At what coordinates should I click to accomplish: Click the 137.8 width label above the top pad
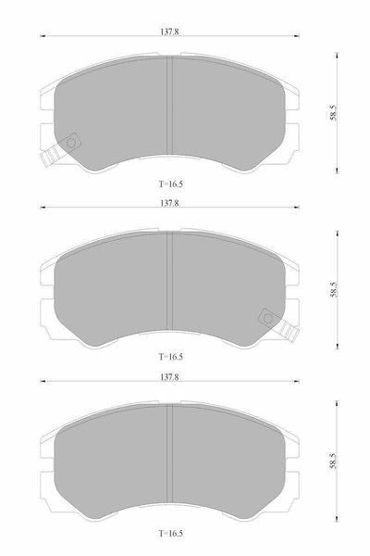pyautogui.click(x=169, y=32)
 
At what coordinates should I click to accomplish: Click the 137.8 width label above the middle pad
pyautogui.click(x=169, y=203)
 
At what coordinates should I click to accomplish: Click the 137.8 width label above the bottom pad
pyautogui.click(x=169, y=377)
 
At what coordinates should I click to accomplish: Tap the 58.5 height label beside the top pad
pyautogui.click(x=334, y=113)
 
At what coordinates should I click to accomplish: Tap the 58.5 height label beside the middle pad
pyautogui.click(x=334, y=290)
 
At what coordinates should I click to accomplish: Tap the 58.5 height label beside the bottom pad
pyautogui.click(x=334, y=461)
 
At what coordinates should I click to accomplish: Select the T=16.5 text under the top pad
pyautogui.click(x=170, y=184)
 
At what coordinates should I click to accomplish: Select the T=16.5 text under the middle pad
pyautogui.click(x=170, y=357)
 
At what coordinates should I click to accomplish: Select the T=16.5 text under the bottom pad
pyautogui.click(x=170, y=533)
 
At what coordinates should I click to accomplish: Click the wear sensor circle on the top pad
pyautogui.click(x=71, y=143)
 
